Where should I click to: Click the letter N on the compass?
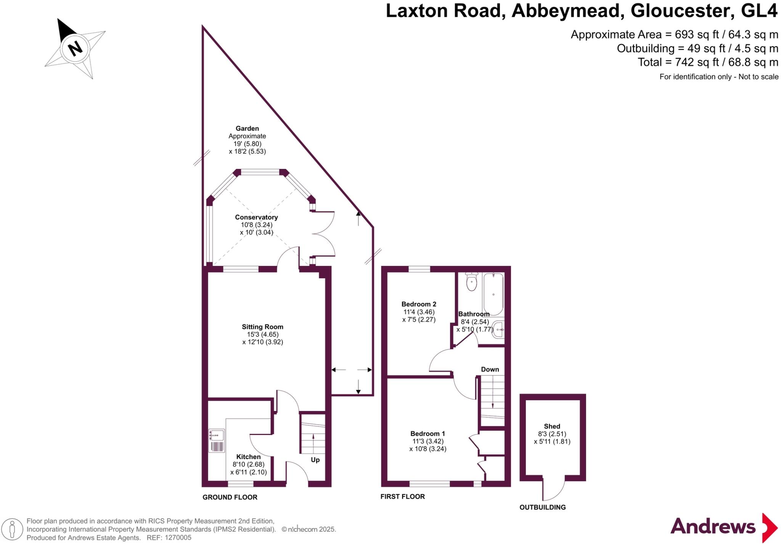tap(75, 48)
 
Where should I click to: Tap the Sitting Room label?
tap(262, 327)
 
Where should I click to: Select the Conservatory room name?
tap(256, 217)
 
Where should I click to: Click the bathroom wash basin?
tap(498, 329)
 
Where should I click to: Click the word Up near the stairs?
tap(315, 460)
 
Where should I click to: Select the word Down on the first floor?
tap(490, 369)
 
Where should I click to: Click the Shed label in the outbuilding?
tap(552, 426)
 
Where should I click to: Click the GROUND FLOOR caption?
tap(230, 497)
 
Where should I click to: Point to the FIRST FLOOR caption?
tap(402, 496)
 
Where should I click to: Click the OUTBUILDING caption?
tap(542, 507)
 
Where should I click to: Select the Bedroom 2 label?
tap(419, 304)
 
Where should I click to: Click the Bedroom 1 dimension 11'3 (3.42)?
tap(427, 441)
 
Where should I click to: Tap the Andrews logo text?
tap(712, 526)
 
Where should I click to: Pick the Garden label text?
tap(247, 129)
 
